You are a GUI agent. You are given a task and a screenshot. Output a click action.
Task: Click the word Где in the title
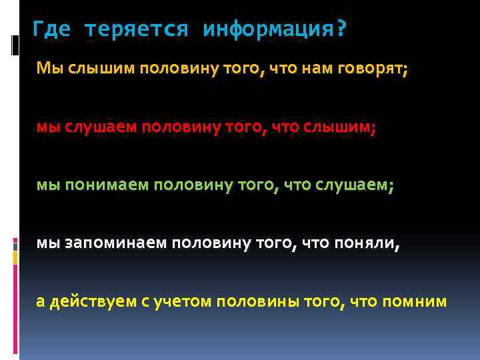point(51,30)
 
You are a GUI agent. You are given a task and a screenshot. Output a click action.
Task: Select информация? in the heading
point(275,30)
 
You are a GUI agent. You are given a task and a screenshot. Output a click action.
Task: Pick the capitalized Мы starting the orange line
point(49,68)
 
